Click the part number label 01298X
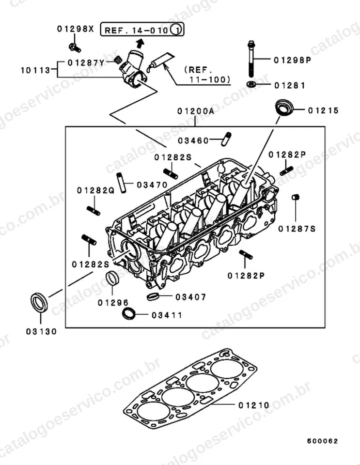75,29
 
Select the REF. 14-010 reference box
142,30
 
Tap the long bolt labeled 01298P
250,59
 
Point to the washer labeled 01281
251,84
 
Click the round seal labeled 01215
284,108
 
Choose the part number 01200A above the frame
196,111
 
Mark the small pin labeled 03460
226,139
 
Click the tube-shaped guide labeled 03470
121,183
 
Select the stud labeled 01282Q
94,211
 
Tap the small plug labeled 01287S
296,197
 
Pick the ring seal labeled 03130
39,302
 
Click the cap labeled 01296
112,278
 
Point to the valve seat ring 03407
153,296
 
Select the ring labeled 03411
129,314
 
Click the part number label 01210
254,405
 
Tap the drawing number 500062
322,441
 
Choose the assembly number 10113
35,70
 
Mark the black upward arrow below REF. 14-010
140,43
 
